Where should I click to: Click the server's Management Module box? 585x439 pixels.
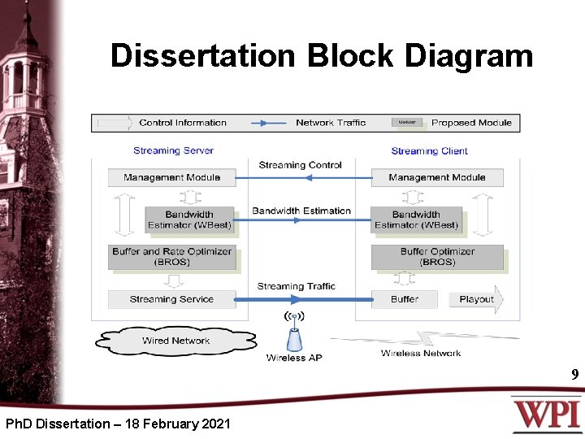[x=171, y=177]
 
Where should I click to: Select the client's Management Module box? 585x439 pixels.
[x=436, y=177]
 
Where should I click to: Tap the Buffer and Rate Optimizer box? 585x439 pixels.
[x=171, y=257]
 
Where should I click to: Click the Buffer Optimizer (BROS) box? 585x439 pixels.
[x=436, y=257]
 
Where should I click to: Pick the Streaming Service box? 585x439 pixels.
[x=171, y=299]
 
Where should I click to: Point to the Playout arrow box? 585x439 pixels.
[x=476, y=299]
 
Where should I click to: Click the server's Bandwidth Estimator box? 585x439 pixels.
[x=189, y=219]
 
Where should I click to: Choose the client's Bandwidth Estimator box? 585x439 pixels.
[x=416, y=219]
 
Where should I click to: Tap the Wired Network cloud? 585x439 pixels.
[x=175, y=341]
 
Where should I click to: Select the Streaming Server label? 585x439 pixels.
[x=173, y=150]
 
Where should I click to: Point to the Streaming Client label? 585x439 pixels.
[x=429, y=150]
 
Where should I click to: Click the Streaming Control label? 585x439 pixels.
[x=300, y=165]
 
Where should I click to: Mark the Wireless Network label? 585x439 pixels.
[x=421, y=353]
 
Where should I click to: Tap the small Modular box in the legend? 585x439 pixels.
[x=407, y=123]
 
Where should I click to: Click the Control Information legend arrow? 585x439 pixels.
[x=115, y=123]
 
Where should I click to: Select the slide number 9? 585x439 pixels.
[x=574, y=375]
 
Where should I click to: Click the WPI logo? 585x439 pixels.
[x=545, y=414]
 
